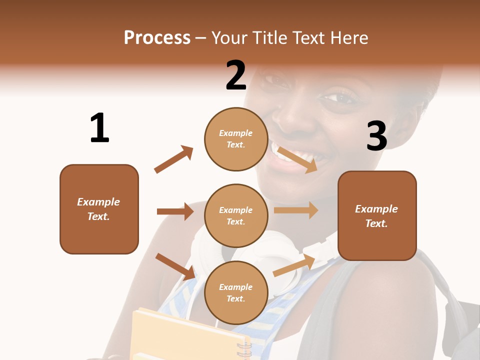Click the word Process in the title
coord(157,38)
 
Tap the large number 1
coord(99,128)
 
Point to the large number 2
coord(236,75)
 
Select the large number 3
coord(376,136)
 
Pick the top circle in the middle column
coord(236,139)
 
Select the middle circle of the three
coord(236,215)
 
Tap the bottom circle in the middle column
coord(236,292)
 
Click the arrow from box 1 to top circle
coord(173,159)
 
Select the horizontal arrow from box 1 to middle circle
coord(175,211)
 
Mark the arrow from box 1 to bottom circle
coord(175,266)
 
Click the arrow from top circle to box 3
coord(297,159)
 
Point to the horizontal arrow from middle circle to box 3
coord(296,210)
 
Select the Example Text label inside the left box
coord(98,209)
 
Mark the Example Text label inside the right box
coord(376,216)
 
